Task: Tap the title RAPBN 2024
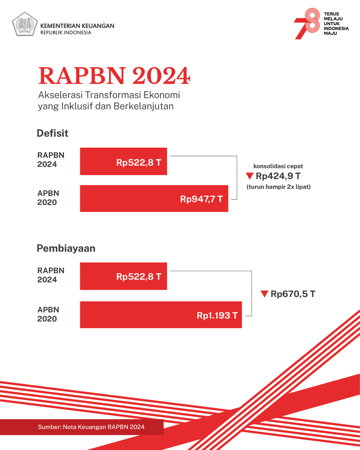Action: click(114, 76)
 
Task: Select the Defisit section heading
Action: click(52, 133)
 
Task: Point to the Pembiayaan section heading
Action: click(66, 248)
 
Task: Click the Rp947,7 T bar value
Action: click(201, 199)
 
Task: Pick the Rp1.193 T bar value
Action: click(217, 315)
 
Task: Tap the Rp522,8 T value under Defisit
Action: click(139, 162)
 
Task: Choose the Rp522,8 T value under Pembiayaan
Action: click(139, 277)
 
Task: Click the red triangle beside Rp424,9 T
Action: click(250, 176)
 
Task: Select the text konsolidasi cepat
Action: click(278, 166)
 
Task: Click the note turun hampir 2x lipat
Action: click(279, 187)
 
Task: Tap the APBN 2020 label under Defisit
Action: click(48, 198)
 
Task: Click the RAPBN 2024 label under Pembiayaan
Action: click(51, 275)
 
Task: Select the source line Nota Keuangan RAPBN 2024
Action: click(91, 427)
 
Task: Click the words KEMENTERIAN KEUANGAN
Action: click(77, 26)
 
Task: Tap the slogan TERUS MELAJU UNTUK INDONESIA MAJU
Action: click(336, 24)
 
